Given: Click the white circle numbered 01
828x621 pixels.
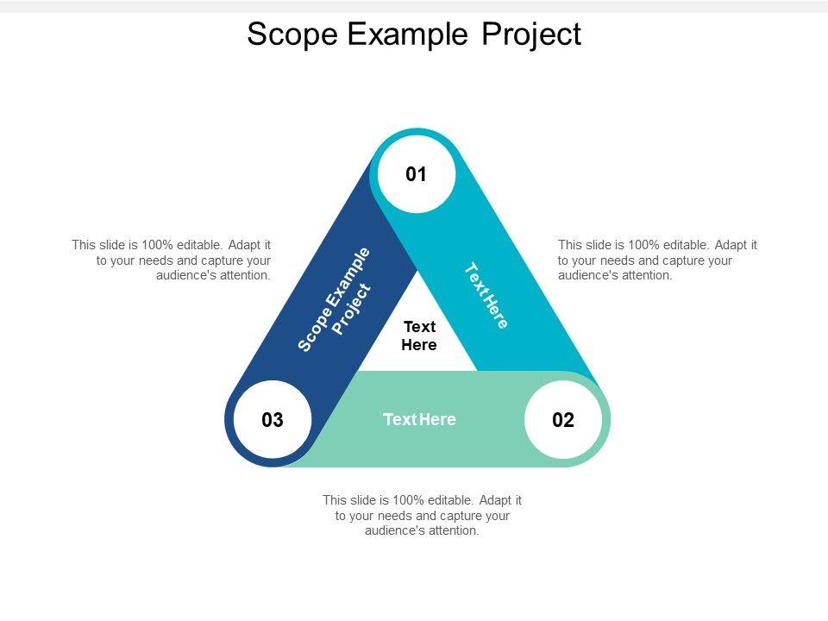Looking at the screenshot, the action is click(417, 175).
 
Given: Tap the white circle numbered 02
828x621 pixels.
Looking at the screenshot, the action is click(562, 421).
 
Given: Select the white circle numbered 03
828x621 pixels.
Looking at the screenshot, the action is click(273, 421).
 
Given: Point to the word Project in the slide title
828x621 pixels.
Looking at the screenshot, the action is click(531, 34).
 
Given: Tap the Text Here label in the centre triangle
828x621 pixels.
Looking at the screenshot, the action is click(419, 336).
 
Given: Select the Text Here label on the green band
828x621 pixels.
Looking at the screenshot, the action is click(419, 420).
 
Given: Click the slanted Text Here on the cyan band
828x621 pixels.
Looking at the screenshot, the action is click(486, 296).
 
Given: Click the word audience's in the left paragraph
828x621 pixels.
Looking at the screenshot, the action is click(185, 276).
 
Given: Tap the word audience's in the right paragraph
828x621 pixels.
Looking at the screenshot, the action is click(587, 276).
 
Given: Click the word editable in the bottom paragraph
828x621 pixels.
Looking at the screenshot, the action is click(449, 500).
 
